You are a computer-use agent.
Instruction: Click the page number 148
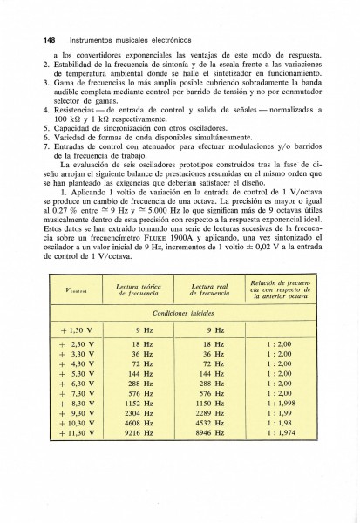36,40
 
